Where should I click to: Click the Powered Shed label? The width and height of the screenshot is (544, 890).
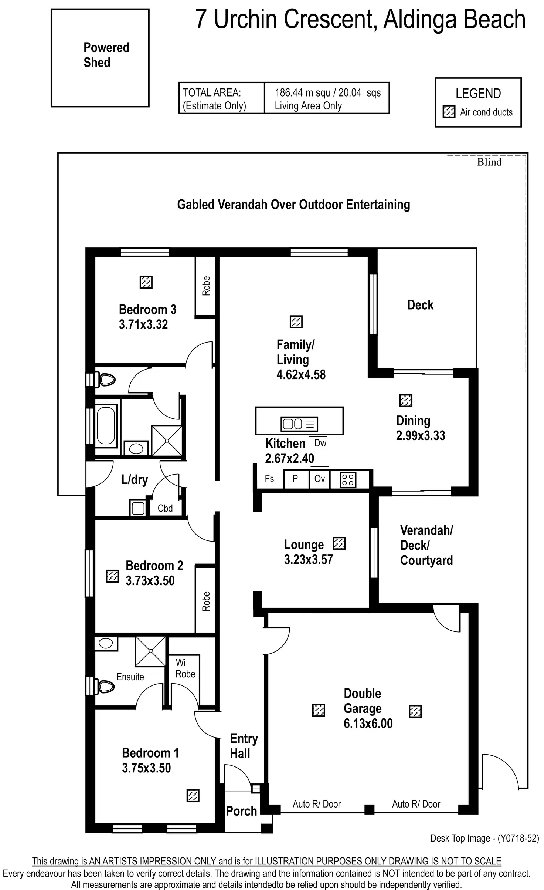pyautogui.click(x=106, y=55)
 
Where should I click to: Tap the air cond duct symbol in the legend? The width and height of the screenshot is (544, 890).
pyautogui.click(x=449, y=112)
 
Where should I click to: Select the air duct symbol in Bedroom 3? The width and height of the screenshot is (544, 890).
pyautogui.click(x=146, y=282)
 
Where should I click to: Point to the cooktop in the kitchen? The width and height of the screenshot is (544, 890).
pyautogui.click(x=348, y=480)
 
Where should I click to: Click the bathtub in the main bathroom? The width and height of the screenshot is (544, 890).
pyautogui.click(x=106, y=425)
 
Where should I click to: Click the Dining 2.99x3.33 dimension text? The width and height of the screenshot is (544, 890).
pyautogui.click(x=421, y=436)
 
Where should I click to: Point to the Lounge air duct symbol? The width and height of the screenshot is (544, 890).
pyautogui.click(x=339, y=543)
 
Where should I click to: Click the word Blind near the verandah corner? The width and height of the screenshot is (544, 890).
pyautogui.click(x=489, y=162)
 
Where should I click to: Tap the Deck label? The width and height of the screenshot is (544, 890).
pyautogui.click(x=420, y=305)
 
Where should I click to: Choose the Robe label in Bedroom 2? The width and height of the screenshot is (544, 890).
pyautogui.click(x=206, y=601)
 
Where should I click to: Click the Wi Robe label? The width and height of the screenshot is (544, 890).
pyautogui.click(x=185, y=668)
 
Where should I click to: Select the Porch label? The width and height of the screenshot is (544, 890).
pyautogui.click(x=241, y=811)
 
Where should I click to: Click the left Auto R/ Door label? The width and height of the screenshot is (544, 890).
pyautogui.click(x=317, y=804)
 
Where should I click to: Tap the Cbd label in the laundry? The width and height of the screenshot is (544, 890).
pyautogui.click(x=165, y=508)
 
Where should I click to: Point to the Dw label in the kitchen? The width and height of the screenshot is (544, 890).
pyautogui.click(x=320, y=443)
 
